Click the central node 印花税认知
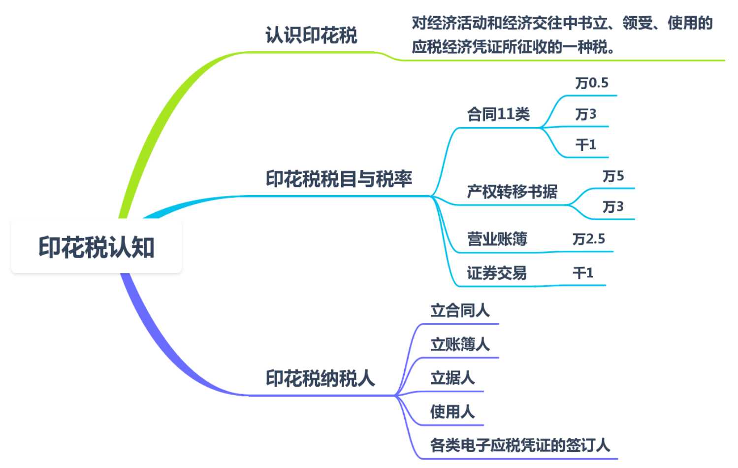click(96, 247)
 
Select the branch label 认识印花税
click(311, 35)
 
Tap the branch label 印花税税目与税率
click(339, 179)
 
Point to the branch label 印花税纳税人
click(320, 378)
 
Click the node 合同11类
click(498, 114)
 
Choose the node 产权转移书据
click(512, 191)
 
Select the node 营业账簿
click(497, 239)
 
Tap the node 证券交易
click(496, 272)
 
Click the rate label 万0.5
click(592, 83)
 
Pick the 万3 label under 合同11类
click(586, 114)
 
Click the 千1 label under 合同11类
click(586, 145)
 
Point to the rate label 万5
click(613, 176)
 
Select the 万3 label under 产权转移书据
click(613, 206)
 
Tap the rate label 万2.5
click(589, 239)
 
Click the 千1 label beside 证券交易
click(583, 272)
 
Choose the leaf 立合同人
click(460, 310)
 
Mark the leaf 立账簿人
click(460, 344)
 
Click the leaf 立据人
click(452, 378)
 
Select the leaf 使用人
click(452, 411)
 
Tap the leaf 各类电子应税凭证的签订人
click(520, 445)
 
